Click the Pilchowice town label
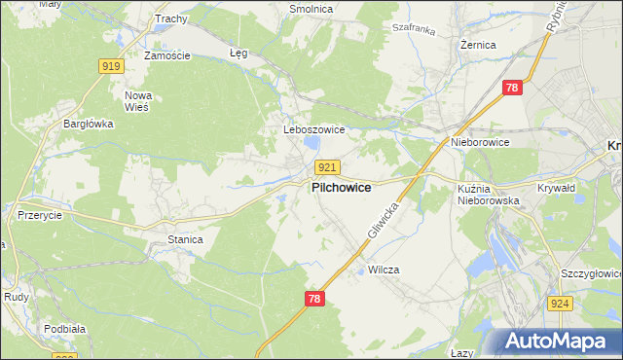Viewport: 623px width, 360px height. (340, 188)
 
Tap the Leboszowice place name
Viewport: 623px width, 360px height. (308, 129)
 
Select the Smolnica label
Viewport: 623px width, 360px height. (311, 9)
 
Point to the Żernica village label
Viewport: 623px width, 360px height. (479, 45)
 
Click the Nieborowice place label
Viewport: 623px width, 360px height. (480, 142)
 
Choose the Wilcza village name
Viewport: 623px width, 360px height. (385, 270)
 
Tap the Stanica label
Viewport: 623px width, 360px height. (185, 238)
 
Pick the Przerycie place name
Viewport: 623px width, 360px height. (40, 215)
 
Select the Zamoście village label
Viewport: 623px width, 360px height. (166, 55)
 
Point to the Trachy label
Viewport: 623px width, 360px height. (170, 18)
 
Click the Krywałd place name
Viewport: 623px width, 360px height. (558, 188)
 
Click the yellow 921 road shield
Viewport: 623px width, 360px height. (328, 168)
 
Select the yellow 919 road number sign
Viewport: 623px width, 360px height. (111, 65)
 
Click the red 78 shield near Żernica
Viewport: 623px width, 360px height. (513, 88)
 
